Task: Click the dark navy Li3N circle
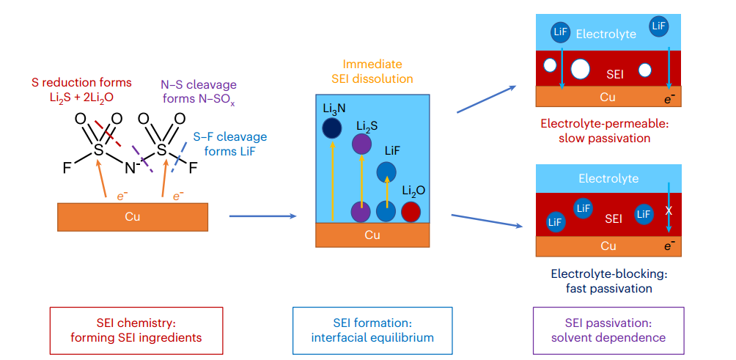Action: [x=332, y=128]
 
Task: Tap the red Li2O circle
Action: [x=411, y=212]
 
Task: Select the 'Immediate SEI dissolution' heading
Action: [x=372, y=71]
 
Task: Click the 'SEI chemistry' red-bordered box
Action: [x=136, y=331]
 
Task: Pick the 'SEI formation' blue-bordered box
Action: [x=372, y=331]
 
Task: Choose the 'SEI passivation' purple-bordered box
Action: [x=608, y=331]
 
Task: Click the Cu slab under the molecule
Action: [x=133, y=217]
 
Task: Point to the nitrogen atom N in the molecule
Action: [x=130, y=168]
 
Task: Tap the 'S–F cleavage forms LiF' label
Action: [x=230, y=144]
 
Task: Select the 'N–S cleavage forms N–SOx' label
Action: [x=199, y=92]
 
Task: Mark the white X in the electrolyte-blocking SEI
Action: [x=669, y=212]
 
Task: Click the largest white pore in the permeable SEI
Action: [x=580, y=69]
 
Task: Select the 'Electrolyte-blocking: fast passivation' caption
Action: [x=608, y=281]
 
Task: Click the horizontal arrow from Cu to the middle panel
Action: [x=263, y=216]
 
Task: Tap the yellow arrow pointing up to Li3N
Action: [x=332, y=180]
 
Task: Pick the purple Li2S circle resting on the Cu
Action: [x=361, y=212]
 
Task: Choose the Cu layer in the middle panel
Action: [x=372, y=235]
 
